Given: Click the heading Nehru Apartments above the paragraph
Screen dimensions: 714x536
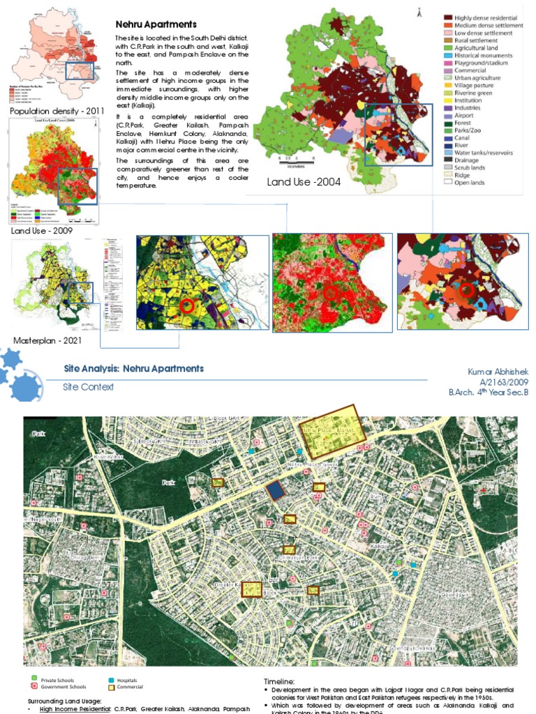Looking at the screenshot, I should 156,24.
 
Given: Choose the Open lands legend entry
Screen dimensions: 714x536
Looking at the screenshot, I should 470,183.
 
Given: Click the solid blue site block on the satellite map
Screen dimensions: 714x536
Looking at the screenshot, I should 276,491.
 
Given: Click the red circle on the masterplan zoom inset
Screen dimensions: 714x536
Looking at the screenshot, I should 186,305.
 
